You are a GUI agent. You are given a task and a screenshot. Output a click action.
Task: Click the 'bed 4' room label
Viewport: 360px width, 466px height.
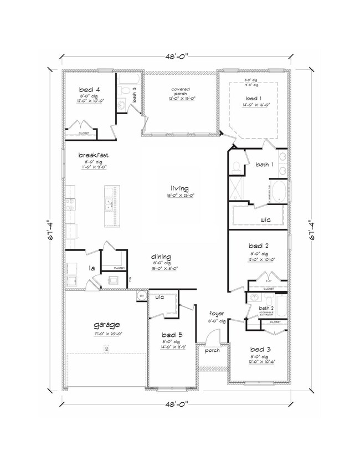coord(89,89)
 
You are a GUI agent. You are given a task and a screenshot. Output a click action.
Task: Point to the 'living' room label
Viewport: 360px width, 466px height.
coord(180,188)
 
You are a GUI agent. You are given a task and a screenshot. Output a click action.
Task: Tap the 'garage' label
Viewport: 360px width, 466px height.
coord(107,325)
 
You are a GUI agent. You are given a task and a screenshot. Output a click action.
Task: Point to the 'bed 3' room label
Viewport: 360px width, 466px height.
coord(259,350)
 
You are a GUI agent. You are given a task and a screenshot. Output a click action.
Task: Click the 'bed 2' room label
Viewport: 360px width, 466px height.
coord(259,245)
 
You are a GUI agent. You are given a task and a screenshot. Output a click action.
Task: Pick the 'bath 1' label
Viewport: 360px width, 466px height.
coord(264,165)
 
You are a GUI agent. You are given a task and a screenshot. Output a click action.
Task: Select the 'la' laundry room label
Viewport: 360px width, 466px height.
coord(92,268)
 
